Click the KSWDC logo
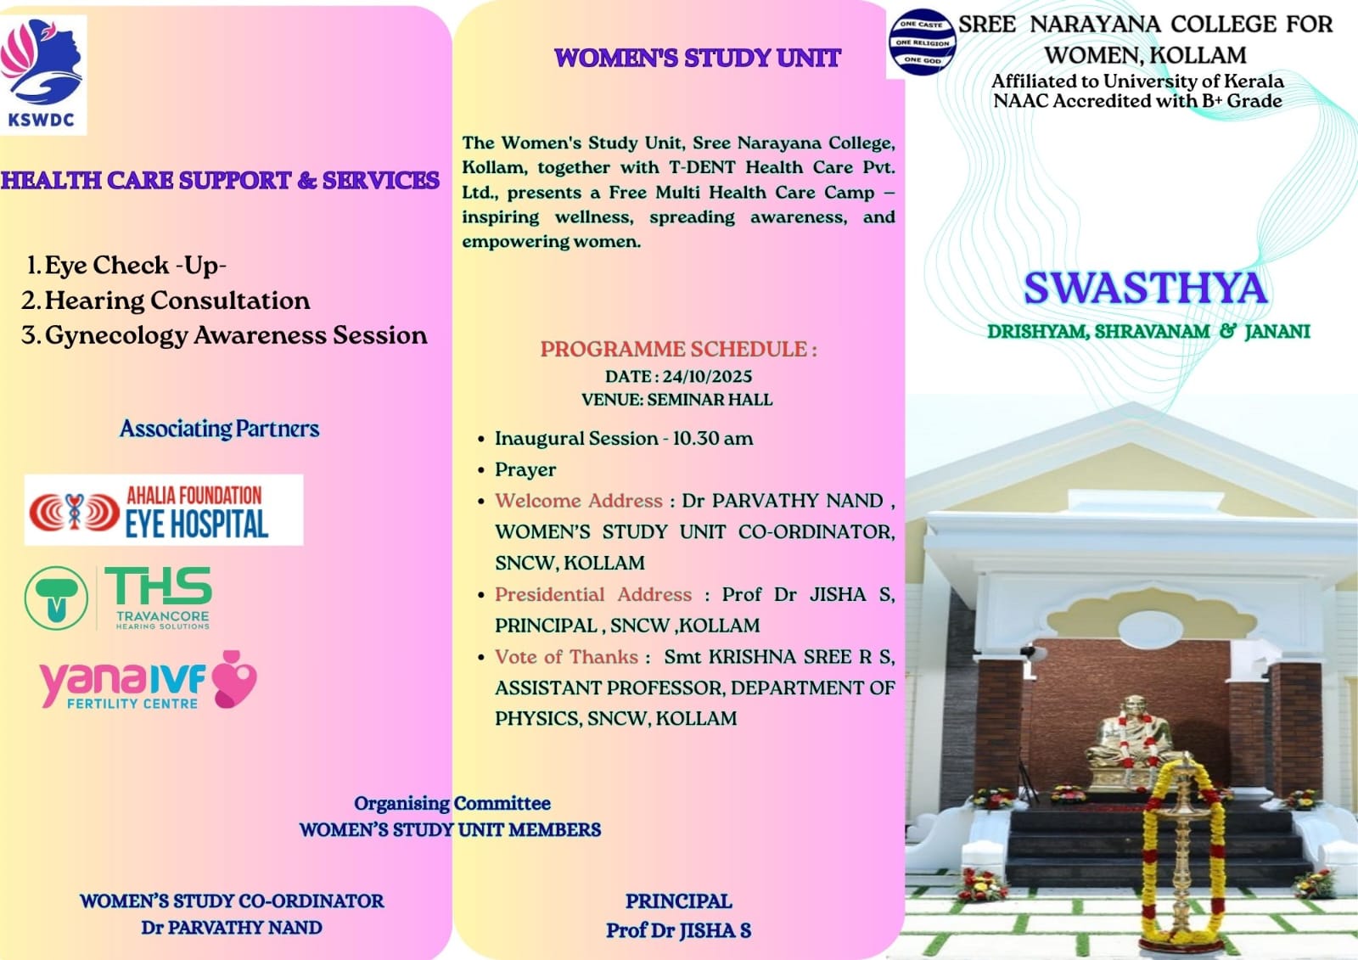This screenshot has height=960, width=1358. click(42, 75)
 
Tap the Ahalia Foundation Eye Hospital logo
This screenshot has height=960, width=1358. click(163, 510)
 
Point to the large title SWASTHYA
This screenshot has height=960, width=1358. click(1145, 288)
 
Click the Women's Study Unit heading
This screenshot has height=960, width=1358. click(697, 58)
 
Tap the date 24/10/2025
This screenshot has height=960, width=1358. click(707, 376)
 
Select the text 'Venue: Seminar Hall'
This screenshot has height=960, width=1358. click(676, 400)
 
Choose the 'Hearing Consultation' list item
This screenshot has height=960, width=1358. click(177, 300)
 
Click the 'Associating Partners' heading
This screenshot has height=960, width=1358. click(219, 429)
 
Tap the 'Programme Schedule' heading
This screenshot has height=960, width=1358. click(678, 349)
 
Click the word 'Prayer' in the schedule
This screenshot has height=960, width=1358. click(525, 469)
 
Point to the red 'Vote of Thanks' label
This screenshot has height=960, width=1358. click(566, 657)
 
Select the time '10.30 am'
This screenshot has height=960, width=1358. click(713, 439)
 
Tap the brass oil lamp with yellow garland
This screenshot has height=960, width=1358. click(1182, 857)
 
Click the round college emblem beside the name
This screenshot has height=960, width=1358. click(922, 42)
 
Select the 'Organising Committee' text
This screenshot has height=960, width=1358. click(452, 803)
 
